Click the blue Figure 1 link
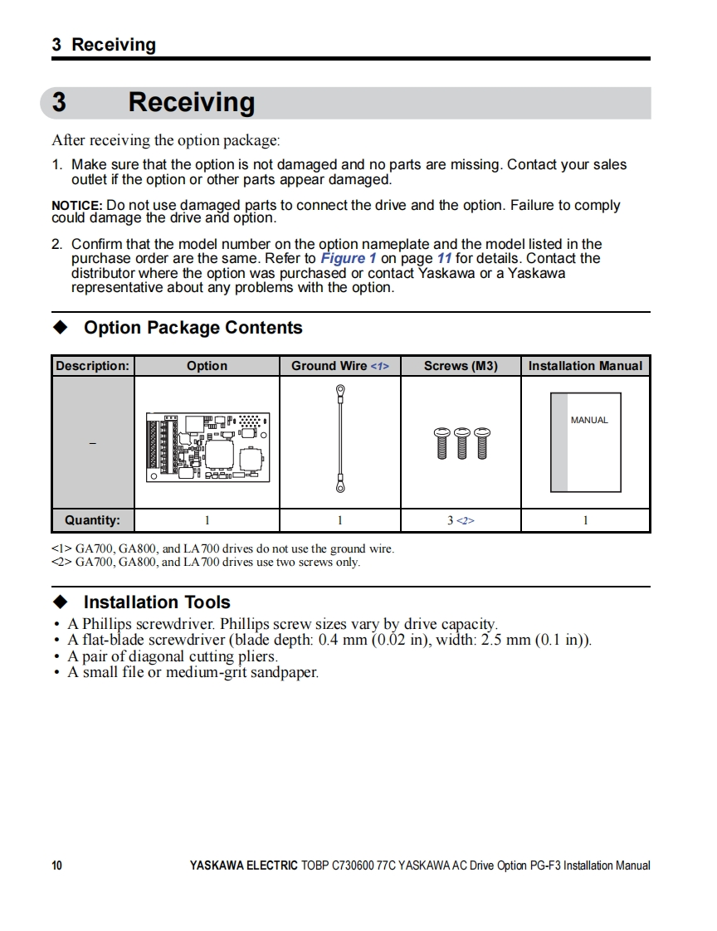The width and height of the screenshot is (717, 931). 349,258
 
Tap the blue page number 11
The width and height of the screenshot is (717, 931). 444,258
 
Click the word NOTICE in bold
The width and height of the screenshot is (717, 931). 76,206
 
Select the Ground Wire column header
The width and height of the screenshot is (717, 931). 339,366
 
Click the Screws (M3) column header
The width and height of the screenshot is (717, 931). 461,366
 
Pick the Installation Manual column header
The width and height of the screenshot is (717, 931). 585,366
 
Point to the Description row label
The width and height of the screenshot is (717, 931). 92,366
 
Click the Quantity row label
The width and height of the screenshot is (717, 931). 92,520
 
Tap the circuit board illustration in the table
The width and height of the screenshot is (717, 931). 207,446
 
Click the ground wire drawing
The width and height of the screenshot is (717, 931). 339,439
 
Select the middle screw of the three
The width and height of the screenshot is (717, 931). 462,443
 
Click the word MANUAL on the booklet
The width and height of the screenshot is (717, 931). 589,421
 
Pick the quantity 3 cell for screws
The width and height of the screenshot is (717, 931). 461,520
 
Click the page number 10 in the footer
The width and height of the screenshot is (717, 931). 56,865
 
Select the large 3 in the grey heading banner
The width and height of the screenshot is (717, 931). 59,103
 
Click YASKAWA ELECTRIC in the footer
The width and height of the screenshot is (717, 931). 243,865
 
